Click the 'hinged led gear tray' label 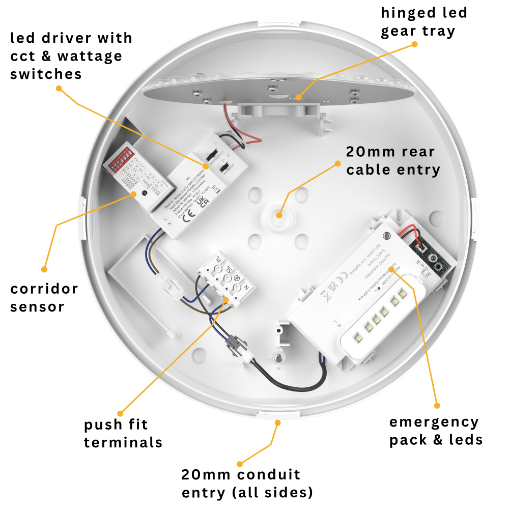[x=423, y=21]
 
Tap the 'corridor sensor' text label [x=44, y=298]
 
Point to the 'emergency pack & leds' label [x=436, y=431]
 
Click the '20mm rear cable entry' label [x=392, y=160]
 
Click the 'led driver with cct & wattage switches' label [x=71, y=55]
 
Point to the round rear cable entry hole [x=278, y=214]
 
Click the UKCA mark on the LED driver [x=202, y=200]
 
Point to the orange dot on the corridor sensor [x=134, y=193]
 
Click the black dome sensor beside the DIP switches [x=145, y=193]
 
